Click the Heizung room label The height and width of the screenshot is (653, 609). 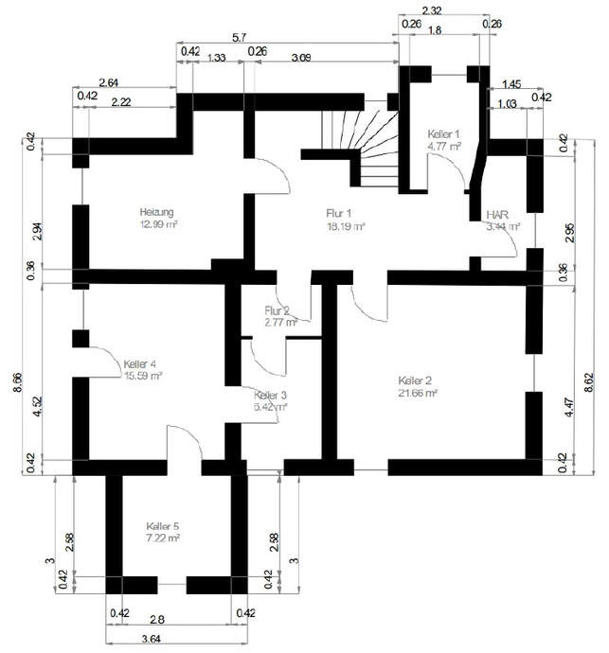point(157,212)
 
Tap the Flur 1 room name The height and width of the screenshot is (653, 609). point(339,213)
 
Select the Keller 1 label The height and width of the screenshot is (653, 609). point(443,133)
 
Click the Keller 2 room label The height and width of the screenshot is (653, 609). point(418,379)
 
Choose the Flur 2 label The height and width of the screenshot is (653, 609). point(278,310)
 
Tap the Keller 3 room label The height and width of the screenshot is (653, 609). point(270,395)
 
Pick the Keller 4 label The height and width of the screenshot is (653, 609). point(139,363)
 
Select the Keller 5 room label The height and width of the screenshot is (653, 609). point(163,525)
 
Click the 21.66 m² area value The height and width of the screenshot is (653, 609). point(418,392)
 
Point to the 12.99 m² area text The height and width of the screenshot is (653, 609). point(159,225)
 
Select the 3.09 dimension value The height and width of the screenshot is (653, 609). point(301,59)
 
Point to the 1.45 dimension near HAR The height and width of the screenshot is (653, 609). point(510,84)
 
